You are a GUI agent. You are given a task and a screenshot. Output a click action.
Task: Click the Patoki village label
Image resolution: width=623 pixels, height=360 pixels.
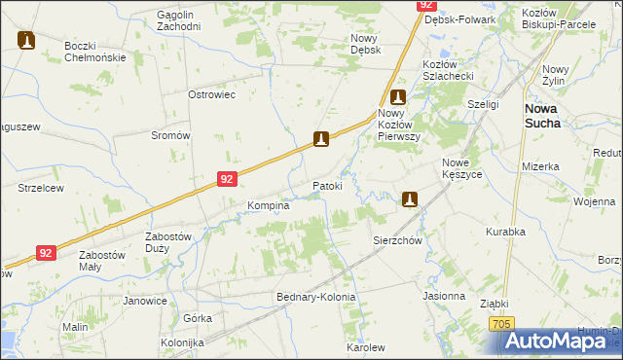[x=327, y=185]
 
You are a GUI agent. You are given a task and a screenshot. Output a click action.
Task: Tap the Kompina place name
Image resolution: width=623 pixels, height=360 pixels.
[x=269, y=206]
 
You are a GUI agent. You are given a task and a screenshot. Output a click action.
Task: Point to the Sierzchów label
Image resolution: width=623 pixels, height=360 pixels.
[x=397, y=239]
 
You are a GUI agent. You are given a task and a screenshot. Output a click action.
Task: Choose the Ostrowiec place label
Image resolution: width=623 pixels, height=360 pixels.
[x=212, y=94]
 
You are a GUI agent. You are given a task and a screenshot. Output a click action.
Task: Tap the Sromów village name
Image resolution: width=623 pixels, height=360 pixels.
[x=170, y=135]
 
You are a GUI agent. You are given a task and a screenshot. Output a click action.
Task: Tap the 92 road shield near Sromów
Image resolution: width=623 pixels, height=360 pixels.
[x=227, y=179]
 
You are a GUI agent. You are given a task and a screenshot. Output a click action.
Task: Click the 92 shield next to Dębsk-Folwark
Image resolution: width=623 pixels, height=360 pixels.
[x=426, y=5]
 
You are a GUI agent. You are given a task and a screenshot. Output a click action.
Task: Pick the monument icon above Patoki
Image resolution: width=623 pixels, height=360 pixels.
[x=321, y=140]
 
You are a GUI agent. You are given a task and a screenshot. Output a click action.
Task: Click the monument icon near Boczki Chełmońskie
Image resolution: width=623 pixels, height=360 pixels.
[x=26, y=40]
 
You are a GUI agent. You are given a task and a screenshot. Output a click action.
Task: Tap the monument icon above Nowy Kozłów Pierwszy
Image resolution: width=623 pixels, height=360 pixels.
[x=397, y=97]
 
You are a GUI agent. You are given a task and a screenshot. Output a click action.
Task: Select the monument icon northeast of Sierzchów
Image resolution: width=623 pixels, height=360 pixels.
[x=410, y=199]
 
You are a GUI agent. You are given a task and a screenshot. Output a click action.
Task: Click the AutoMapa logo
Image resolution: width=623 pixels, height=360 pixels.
[x=562, y=340]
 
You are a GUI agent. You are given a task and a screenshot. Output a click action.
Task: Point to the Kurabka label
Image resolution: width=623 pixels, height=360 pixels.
[x=506, y=232]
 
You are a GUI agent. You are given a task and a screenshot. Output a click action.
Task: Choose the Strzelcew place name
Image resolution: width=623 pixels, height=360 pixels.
[x=41, y=188]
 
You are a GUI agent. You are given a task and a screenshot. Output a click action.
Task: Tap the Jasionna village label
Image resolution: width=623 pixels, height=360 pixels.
[x=444, y=295]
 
